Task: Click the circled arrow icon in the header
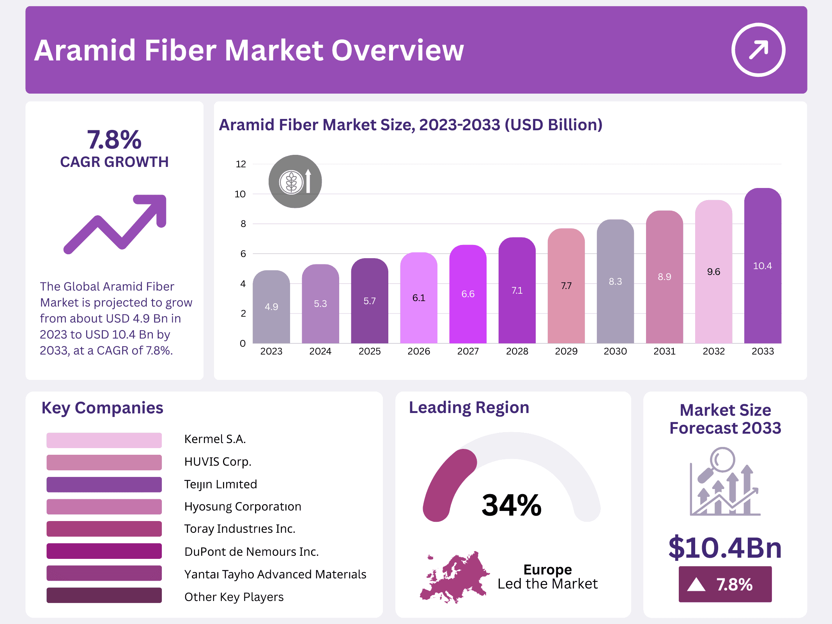coord(758,50)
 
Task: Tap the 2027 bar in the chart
coord(467,296)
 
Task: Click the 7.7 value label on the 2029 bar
coord(566,286)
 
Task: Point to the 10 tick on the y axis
coord(240,194)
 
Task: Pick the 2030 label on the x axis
coord(615,351)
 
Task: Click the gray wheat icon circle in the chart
coord(295,181)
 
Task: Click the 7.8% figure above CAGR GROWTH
coord(114,140)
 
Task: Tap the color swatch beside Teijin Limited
coord(104,484)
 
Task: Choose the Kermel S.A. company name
coord(215,439)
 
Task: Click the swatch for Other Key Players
coord(104,596)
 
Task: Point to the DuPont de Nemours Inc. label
coord(251,551)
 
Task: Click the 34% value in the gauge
coord(511,505)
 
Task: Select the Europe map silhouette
coord(454,577)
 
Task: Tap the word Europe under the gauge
coord(547,569)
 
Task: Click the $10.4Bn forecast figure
coord(725,548)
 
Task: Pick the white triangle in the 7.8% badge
coord(696,585)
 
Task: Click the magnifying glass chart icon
coord(725,482)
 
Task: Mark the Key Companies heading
coord(102,408)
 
